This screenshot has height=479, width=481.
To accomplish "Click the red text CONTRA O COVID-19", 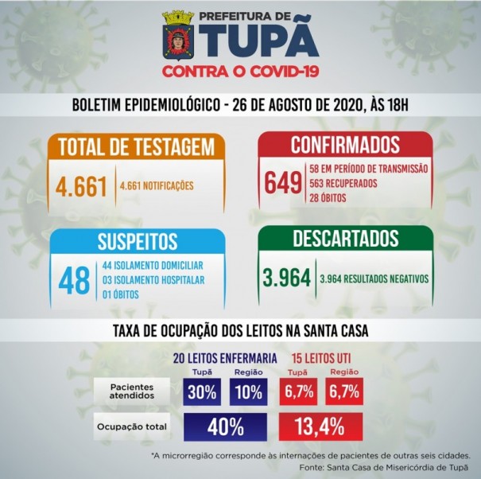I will coord(240,72).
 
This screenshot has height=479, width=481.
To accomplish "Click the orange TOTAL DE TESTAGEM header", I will coord(138,147).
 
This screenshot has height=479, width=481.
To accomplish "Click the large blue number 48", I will coord(76,280).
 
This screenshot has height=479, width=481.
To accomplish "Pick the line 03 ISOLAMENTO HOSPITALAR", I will coord(153,280).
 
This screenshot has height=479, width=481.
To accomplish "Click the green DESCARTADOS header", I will coord(344,239).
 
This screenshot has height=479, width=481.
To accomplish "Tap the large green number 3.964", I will coord(285,278).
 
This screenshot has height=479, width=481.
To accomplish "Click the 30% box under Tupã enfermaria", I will coord(203,391).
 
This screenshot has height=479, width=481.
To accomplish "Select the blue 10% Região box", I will coord(249,391).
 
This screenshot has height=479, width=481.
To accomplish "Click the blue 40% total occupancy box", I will coord(226,426).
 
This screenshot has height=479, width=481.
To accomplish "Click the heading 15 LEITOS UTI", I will coord(320,357).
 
